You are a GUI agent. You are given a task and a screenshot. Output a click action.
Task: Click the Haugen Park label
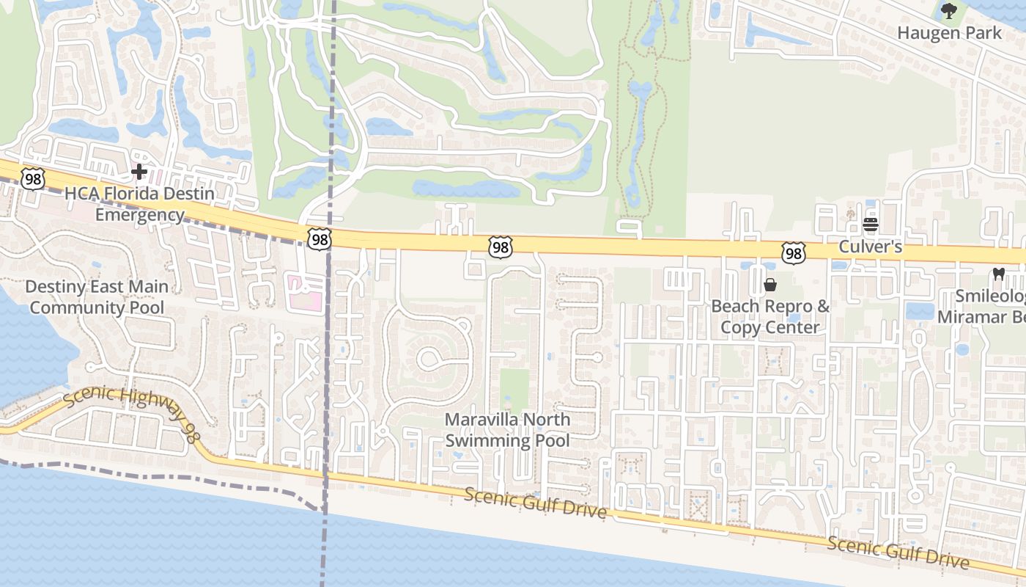click(x=949, y=33)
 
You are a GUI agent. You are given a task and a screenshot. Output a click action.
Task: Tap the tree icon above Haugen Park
click(x=949, y=11)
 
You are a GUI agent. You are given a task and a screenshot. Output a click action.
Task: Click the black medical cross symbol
click(x=139, y=172)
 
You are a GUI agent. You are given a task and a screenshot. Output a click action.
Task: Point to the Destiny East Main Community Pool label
click(x=97, y=296)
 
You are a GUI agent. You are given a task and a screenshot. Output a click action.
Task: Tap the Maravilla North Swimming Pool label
click(x=508, y=430)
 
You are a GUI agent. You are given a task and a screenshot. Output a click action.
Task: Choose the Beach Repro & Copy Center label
click(x=770, y=316)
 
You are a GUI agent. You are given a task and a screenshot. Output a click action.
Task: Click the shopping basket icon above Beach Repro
click(x=770, y=285)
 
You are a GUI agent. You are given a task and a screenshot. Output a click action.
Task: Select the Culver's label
click(x=870, y=247)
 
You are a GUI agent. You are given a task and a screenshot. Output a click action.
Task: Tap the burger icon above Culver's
click(x=871, y=225)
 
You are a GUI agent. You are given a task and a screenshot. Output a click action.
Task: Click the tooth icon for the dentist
click(x=997, y=274)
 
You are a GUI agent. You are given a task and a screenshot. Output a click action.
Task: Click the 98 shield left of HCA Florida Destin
click(x=33, y=178)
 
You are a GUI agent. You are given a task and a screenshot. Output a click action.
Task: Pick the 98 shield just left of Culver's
click(x=793, y=253)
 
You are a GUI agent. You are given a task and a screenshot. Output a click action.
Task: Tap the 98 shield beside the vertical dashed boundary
click(x=320, y=239)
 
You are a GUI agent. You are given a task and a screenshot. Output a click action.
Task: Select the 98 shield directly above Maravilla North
click(x=500, y=247)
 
